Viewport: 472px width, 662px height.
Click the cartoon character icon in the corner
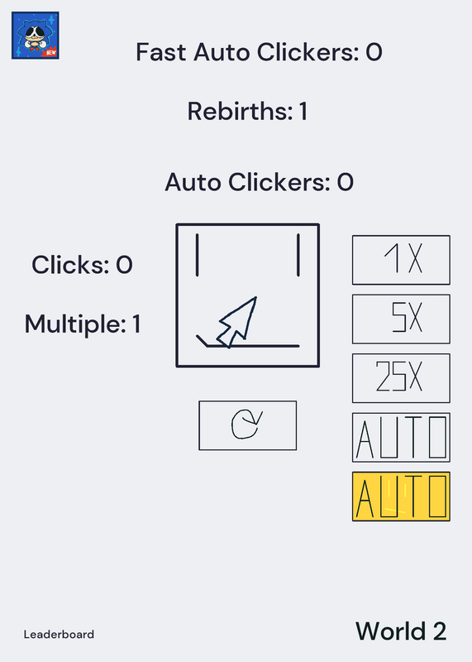[x=35, y=36]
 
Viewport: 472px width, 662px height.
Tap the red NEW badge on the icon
[x=50, y=53]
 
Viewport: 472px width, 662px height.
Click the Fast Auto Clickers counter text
[x=259, y=52]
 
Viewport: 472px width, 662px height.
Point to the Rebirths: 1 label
[x=247, y=112]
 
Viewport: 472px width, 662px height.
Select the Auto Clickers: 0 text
[x=259, y=182]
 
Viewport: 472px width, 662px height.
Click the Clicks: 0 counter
[x=83, y=265]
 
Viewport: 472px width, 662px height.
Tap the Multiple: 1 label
[x=83, y=324]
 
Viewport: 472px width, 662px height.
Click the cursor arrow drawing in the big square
[x=237, y=323]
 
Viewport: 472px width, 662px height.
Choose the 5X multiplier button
[x=401, y=319]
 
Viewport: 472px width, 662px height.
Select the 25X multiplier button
[x=401, y=378]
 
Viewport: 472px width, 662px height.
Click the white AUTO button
[x=401, y=438]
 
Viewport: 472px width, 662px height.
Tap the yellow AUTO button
[x=401, y=496]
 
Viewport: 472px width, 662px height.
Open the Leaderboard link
[x=59, y=635]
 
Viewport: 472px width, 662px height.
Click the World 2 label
[x=401, y=631]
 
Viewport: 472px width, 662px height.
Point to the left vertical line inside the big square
[x=197, y=255]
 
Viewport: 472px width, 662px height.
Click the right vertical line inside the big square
[x=298, y=255]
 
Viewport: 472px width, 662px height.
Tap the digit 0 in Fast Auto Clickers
[x=374, y=52]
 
